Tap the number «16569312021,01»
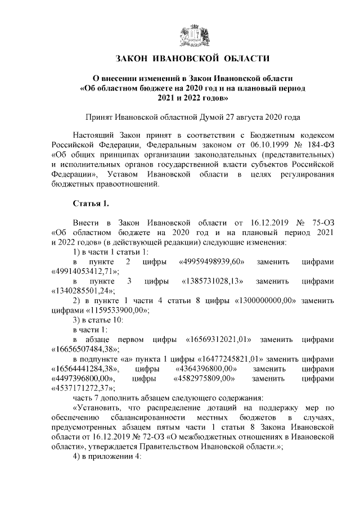pos(218,340)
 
